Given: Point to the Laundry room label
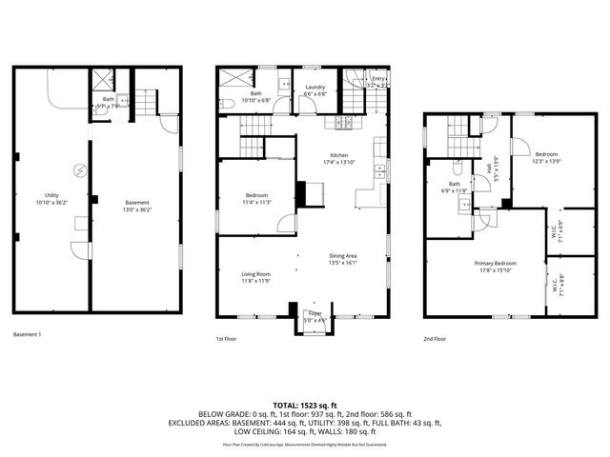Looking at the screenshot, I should tap(315, 90).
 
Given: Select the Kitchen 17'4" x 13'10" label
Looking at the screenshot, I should tap(341, 159).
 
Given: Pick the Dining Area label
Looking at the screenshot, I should tap(343, 259).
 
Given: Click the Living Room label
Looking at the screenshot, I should tap(255, 277).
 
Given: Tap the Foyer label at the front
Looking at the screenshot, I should tap(315, 316).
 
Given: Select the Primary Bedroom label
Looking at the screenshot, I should tap(496, 266).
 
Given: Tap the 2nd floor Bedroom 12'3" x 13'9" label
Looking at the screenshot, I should tap(546, 158).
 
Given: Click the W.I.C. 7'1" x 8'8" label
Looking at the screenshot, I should tap(557, 284).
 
